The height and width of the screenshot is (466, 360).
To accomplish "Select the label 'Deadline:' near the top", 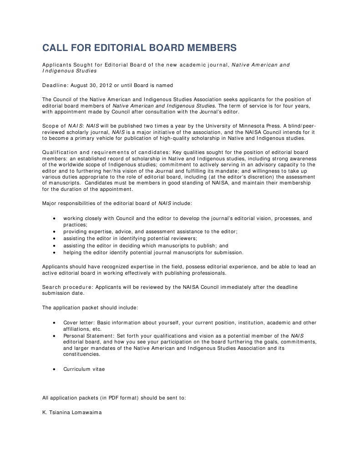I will (55, 85).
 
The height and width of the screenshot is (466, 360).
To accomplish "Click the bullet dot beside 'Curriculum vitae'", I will (55, 369).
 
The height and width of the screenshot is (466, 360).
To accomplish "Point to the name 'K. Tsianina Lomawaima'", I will (72, 412).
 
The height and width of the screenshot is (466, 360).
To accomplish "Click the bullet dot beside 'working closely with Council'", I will (55, 219).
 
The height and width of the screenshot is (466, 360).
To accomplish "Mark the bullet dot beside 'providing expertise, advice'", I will (55, 232).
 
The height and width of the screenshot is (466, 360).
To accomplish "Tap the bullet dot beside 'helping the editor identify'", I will (55, 252).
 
